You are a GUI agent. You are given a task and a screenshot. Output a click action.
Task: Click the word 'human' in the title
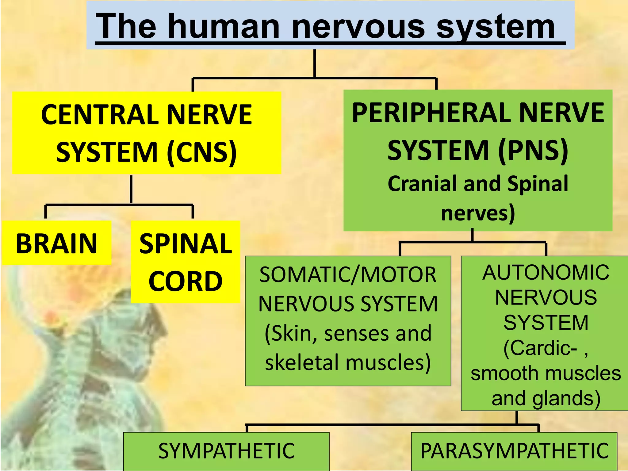pyautogui.click(x=224, y=27)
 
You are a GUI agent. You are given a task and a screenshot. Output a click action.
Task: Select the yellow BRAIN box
pyautogui.click(x=56, y=243)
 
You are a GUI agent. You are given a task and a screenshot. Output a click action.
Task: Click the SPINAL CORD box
pyautogui.click(x=186, y=262)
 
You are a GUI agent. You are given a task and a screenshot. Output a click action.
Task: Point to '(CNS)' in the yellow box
pyautogui.click(x=202, y=152)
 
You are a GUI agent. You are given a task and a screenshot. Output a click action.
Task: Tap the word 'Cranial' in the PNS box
pyautogui.click(x=423, y=184)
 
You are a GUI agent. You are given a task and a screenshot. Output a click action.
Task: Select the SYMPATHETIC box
pyautogui.click(x=226, y=451)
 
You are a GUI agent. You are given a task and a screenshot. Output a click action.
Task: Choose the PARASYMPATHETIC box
pyautogui.click(x=514, y=451)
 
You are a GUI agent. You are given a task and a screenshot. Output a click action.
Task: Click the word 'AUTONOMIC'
pyautogui.click(x=546, y=272)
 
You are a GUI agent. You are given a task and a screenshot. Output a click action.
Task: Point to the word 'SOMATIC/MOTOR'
pyautogui.click(x=348, y=274)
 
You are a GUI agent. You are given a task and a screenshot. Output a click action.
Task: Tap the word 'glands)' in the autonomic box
pyautogui.click(x=566, y=399)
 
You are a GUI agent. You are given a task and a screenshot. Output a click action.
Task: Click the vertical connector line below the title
pyautogui.click(x=315, y=63)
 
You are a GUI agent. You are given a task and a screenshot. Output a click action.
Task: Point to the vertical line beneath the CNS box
pyautogui.click(x=131, y=189)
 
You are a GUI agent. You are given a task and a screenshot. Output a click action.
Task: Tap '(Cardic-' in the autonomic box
pyautogui.click(x=540, y=348)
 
